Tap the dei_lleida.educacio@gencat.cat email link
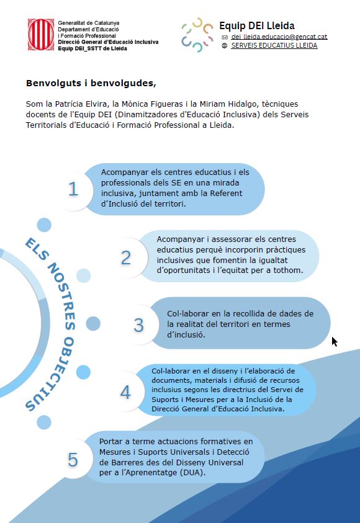click(x=279, y=37)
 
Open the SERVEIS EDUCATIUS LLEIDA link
click(x=274, y=45)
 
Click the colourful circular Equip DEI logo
click(x=196, y=35)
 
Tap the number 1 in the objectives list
click(x=73, y=189)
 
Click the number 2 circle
click(x=126, y=257)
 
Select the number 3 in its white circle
click(x=138, y=324)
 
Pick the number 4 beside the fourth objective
click(x=125, y=392)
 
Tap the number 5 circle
click(x=73, y=460)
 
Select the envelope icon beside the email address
click(x=225, y=37)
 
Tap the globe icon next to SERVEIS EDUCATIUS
click(x=225, y=45)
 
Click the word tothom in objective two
click(x=287, y=270)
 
